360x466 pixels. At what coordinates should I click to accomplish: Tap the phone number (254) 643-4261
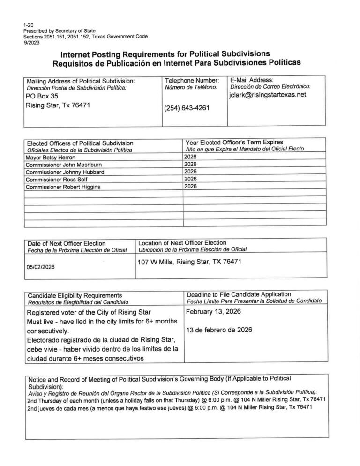pos(186,108)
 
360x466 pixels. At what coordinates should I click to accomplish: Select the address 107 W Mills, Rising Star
pos(189,262)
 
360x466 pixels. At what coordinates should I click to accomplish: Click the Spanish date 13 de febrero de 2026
pos(219,330)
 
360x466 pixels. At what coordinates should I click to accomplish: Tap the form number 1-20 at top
pos(28,23)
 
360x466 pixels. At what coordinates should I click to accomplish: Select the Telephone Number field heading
pos(192,81)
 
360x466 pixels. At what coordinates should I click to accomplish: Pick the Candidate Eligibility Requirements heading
pos(75,295)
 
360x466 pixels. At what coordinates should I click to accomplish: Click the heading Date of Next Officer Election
pos(67,243)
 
